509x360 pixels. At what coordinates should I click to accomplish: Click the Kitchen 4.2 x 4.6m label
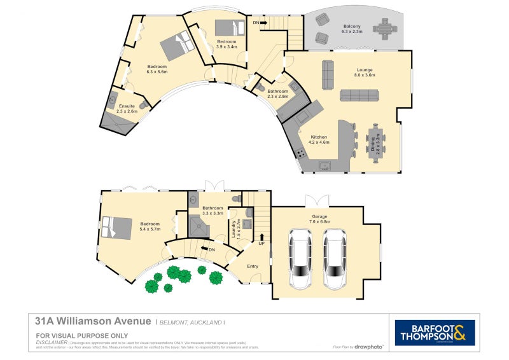[319, 140]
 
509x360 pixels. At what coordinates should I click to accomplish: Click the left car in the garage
[300, 258]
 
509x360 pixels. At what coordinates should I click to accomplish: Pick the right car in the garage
[334, 258]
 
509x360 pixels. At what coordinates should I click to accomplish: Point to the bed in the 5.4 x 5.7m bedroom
[116, 228]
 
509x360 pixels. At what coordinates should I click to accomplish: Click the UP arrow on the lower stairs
[261, 239]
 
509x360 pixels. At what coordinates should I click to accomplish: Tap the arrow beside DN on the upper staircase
[263, 23]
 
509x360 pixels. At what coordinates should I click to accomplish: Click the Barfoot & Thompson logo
[435, 333]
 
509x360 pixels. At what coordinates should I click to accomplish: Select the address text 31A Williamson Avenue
[93, 321]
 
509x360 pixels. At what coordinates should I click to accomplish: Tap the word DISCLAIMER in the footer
[52, 342]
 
